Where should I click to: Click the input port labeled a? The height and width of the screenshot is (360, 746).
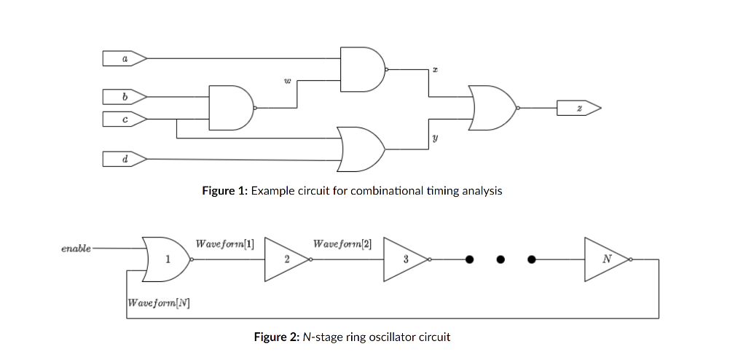click(125, 57)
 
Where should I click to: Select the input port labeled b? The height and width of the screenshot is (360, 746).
click(125, 95)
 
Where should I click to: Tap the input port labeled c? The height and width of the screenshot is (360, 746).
click(125, 117)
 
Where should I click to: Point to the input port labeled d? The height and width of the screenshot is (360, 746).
click(125, 157)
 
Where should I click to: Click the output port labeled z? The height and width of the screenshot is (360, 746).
click(579, 108)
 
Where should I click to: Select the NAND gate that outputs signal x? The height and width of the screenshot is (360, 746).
click(362, 69)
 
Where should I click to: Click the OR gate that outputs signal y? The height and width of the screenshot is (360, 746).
click(361, 148)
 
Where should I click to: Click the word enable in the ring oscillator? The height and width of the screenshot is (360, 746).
click(76, 249)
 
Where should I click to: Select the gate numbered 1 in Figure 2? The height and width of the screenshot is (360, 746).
click(165, 259)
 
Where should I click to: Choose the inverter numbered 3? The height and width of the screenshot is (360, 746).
click(404, 259)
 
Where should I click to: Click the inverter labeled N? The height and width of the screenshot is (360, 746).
click(605, 259)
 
